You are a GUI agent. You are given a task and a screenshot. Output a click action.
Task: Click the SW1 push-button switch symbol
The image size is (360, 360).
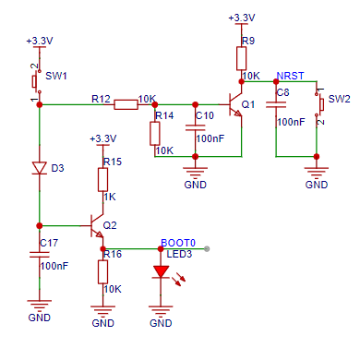tap(36, 81)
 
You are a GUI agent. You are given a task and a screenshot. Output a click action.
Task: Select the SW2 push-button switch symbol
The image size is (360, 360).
tap(319, 104)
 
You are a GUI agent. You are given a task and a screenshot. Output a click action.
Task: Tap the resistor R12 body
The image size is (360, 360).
tap(126, 104)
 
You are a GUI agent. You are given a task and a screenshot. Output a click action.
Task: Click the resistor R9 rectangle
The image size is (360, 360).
tap(241, 58)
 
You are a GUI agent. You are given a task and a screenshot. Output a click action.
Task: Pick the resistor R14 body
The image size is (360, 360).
tap(155, 133)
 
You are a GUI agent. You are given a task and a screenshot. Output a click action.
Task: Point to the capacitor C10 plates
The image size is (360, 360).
tap(195, 127)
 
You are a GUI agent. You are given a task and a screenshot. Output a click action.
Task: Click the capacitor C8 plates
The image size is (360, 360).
tap(276, 105)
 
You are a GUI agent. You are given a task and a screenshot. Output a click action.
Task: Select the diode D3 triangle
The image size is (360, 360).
tap(40, 168)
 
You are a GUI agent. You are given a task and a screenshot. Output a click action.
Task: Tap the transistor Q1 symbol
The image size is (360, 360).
tap(234, 104)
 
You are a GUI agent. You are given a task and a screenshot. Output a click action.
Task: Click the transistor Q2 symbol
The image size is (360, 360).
tap(96, 226)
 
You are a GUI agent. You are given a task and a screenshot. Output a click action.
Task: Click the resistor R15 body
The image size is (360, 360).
tap(102, 180)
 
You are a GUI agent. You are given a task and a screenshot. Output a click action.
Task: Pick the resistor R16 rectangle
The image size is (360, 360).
tap(102, 272)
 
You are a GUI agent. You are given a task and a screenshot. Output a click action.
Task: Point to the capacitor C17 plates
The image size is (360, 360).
tap(40, 255)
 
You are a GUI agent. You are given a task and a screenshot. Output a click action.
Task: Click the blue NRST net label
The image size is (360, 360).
tap(290, 76)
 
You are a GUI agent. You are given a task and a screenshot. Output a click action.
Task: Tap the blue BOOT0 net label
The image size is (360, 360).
tap(178, 243)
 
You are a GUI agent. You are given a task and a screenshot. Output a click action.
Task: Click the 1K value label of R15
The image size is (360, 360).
tap(110, 197)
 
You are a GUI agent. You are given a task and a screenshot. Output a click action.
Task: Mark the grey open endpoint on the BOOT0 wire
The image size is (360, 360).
tap(207, 248)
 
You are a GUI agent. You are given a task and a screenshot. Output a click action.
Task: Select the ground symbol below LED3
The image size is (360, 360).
tap(161, 311)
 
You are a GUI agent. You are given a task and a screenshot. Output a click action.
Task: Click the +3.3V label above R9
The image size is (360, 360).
tap(242, 18)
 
